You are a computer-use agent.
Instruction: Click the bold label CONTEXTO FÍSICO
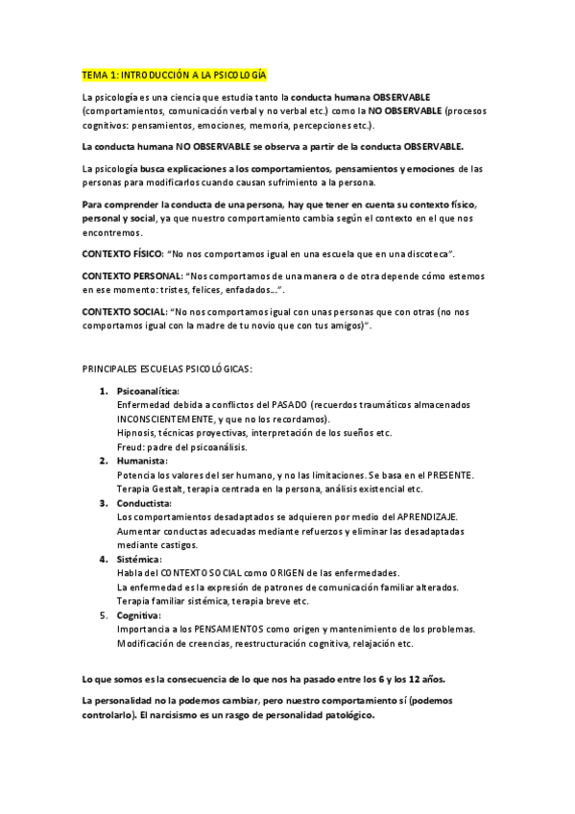pyautogui.click(x=122, y=253)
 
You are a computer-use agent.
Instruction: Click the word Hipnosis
pyautogui.click(x=137, y=433)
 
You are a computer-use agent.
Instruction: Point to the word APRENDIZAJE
pyautogui.click(x=428, y=516)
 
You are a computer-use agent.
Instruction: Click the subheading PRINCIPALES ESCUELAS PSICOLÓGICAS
pyautogui.click(x=168, y=369)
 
